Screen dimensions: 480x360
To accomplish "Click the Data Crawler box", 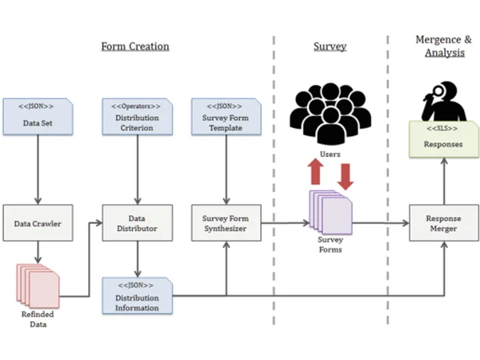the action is tap(38, 223).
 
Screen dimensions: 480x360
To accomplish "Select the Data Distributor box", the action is tap(138, 223).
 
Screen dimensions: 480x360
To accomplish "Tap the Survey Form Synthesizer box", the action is tap(226, 223).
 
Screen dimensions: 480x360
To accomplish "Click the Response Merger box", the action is tap(444, 223).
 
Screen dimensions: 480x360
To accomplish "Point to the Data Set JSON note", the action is tap(38, 117).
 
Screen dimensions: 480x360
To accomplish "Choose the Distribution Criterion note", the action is tap(138, 117).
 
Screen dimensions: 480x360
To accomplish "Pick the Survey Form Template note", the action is tap(226, 117).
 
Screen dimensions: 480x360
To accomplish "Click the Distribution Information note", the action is tap(138, 296).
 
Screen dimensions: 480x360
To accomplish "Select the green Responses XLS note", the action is tap(444, 139).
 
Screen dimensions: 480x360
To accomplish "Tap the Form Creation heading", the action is tap(135, 46).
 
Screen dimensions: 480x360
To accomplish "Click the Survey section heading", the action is tap(330, 46).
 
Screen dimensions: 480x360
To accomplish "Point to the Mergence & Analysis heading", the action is tap(444, 46).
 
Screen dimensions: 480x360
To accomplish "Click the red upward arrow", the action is tap(316, 171).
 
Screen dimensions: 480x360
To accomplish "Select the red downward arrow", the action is tap(346, 177).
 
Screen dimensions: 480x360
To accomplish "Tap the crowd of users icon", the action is tap(330, 114).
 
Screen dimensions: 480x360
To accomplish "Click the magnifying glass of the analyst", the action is tap(438, 90).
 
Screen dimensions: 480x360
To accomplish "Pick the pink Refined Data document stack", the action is tap(38, 286).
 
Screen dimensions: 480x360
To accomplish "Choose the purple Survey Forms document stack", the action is tap(331, 213).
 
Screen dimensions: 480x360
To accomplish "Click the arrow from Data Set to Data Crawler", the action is tap(38, 170).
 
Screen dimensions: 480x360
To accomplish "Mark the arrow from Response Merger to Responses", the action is tap(444, 182).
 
